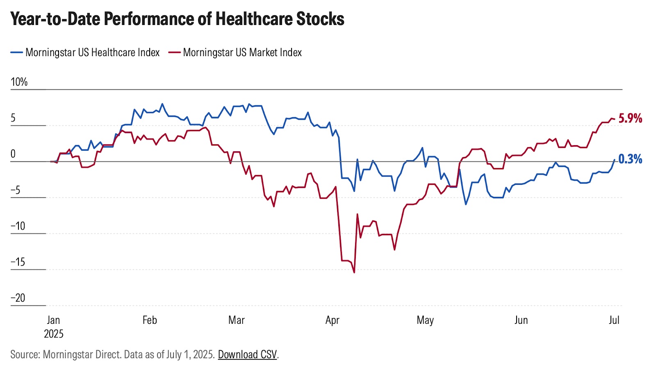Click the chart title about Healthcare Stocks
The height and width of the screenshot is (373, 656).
click(177, 19)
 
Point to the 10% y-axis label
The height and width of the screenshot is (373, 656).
click(19, 82)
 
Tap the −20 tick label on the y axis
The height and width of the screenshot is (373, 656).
click(18, 298)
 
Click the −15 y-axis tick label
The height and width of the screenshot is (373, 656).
click(18, 262)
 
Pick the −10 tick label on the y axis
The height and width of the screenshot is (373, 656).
click(18, 226)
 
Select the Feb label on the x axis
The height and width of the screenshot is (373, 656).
click(150, 320)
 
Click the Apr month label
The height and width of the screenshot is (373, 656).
click(332, 320)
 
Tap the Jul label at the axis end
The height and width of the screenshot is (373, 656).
click(614, 320)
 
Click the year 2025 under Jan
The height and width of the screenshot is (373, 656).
click(54, 334)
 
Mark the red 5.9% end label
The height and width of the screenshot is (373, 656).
click(630, 118)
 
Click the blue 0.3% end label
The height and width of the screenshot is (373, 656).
click(630, 159)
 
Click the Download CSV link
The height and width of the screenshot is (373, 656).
click(247, 355)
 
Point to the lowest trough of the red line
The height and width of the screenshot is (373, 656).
click(354, 272)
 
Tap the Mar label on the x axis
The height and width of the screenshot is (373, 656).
click(237, 320)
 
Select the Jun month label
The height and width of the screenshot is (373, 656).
click(521, 320)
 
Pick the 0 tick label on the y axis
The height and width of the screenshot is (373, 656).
click(13, 154)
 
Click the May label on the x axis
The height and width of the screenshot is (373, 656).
click(425, 320)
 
